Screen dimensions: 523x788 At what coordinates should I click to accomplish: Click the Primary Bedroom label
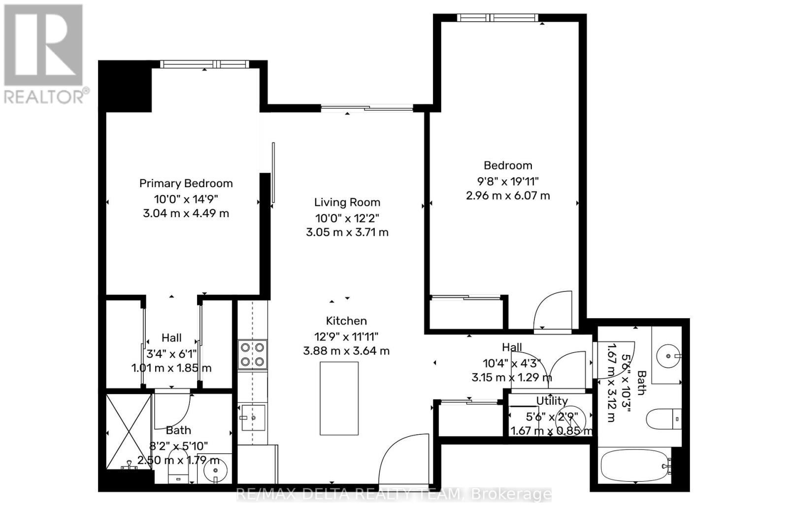coord(186,184)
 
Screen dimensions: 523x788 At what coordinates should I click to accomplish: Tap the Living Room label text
coord(347,202)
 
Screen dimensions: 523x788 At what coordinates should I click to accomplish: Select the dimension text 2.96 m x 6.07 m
coord(508,196)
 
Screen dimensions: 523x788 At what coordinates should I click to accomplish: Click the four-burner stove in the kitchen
coord(252,355)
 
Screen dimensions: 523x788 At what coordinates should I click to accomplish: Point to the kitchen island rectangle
coord(339,398)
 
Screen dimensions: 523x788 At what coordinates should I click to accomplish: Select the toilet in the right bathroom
coord(662,419)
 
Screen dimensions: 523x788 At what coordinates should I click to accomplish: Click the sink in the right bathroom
coord(667,355)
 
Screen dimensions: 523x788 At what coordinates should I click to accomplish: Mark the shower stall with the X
coord(129,431)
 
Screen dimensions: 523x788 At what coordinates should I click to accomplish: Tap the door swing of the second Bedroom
coord(554,310)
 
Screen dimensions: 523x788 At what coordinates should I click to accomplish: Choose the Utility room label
coord(552,401)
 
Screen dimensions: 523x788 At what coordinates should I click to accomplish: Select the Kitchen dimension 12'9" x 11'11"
coord(346,337)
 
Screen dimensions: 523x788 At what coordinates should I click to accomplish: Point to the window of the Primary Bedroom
coord(205,64)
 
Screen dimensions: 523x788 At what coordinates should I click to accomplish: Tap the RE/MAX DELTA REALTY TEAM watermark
coord(394,493)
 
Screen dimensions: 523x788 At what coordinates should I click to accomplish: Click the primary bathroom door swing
coord(172,411)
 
